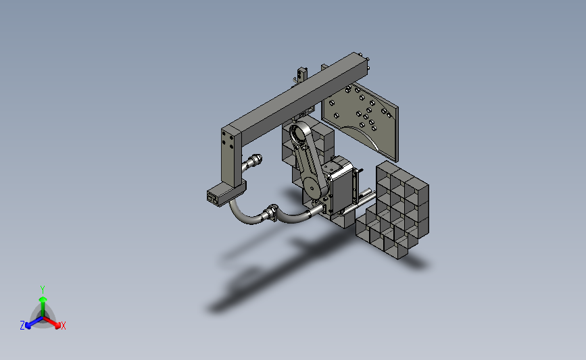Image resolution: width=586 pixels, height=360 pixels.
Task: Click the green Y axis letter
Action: [42, 290]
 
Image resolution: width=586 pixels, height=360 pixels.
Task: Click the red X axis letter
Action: [63, 326]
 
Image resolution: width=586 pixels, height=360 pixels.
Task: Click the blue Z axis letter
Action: [22, 326]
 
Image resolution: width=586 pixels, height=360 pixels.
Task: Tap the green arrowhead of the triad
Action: [43, 299]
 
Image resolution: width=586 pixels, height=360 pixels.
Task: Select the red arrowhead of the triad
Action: [57, 326]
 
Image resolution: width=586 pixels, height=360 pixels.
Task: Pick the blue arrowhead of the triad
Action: [28, 326]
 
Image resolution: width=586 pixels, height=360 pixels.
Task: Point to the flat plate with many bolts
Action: [360, 120]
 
